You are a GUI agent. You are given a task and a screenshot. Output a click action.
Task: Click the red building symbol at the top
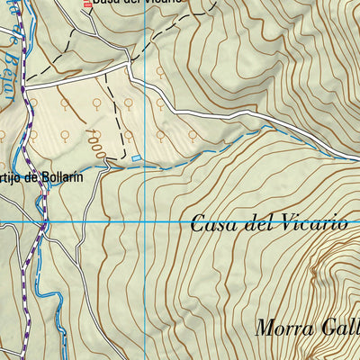(x=87, y=4)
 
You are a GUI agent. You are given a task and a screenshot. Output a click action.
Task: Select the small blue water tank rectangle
(x=136, y=158)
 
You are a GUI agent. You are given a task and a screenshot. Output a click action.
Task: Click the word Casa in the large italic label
(x=213, y=225)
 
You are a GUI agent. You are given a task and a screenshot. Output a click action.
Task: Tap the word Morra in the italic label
(x=283, y=328)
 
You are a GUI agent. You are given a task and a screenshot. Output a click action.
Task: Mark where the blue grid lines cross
(x=144, y=220)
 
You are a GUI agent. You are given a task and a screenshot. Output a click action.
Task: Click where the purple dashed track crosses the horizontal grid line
(x=39, y=220)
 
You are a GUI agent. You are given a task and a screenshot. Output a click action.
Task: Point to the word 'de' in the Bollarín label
(x=30, y=177)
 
